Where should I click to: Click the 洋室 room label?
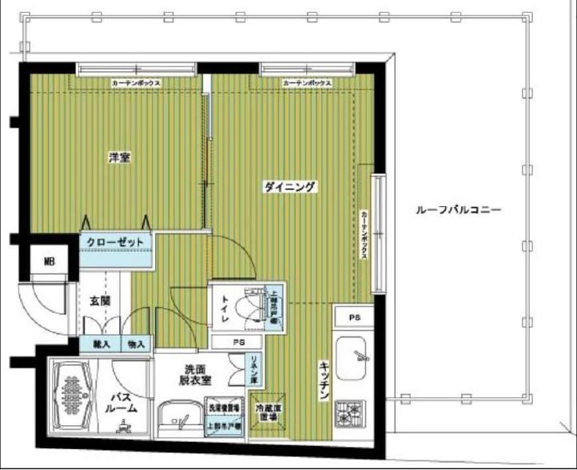click(120, 157)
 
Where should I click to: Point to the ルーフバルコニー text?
click(458, 211)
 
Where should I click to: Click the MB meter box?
click(49, 261)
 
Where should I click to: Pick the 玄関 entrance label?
click(100, 301)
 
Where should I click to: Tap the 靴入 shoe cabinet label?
click(101, 345)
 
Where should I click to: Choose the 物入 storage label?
click(135, 345)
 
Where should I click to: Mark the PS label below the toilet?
click(238, 342)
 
